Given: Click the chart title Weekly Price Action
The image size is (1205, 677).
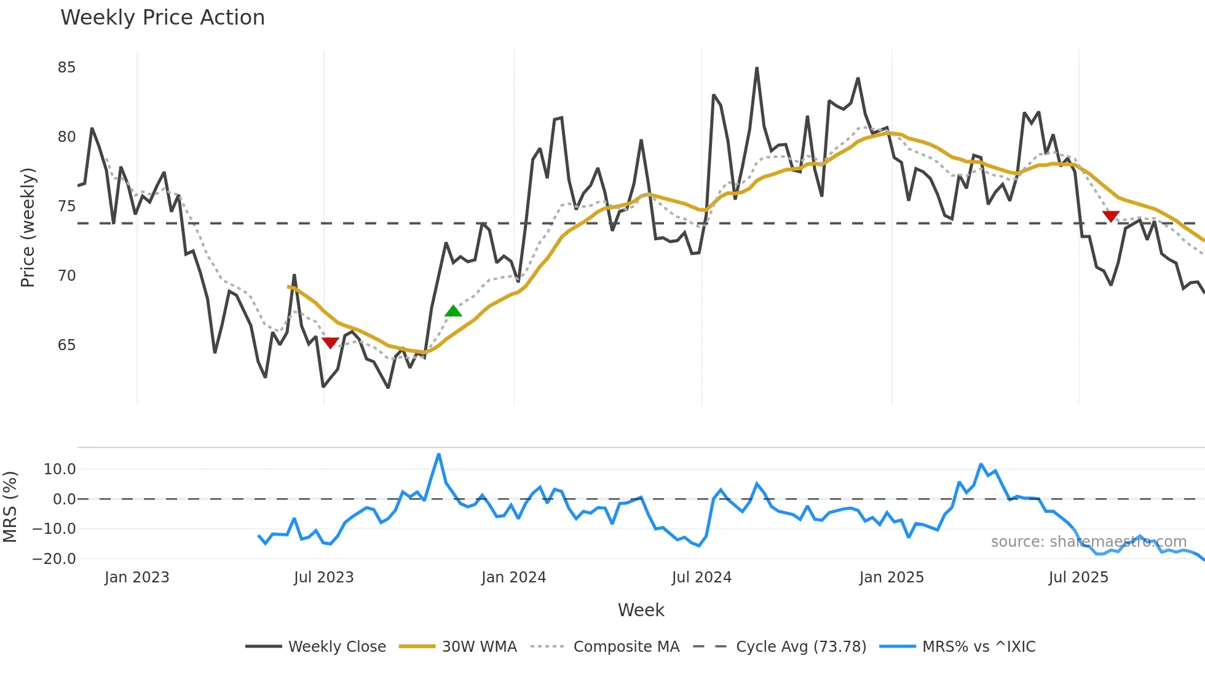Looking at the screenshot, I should pyautogui.click(x=162, y=18).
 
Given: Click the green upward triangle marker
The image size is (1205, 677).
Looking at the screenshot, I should pyautogui.click(x=453, y=311).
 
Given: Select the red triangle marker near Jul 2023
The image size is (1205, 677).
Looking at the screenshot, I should pyautogui.click(x=330, y=343).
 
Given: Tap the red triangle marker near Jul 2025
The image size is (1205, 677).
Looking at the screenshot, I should pyautogui.click(x=1110, y=216).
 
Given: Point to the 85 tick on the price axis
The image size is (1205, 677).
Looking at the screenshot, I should pyautogui.click(x=66, y=68).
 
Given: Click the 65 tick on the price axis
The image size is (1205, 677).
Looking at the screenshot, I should pyautogui.click(x=66, y=345).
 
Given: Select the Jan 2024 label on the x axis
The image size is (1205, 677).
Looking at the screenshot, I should pyautogui.click(x=513, y=577).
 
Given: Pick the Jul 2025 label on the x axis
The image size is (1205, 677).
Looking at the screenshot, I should pyautogui.click(x=1078, y=577).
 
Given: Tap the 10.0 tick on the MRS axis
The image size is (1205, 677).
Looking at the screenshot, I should pyautogui.click(x=59, y=469).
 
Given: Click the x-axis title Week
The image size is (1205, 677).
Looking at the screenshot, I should pyautogui.click(x=641, y=610).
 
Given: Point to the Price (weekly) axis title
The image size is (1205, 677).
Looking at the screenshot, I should pyautogui.click(x=28, y=227).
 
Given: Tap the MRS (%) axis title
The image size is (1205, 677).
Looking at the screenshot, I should pyautogui.click(x=10, y=507).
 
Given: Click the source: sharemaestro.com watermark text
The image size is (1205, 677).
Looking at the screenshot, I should pyautogui.click(x=1088, y=542).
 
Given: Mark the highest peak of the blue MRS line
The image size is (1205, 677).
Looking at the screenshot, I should pyautogui.click(x=439, y=455).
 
